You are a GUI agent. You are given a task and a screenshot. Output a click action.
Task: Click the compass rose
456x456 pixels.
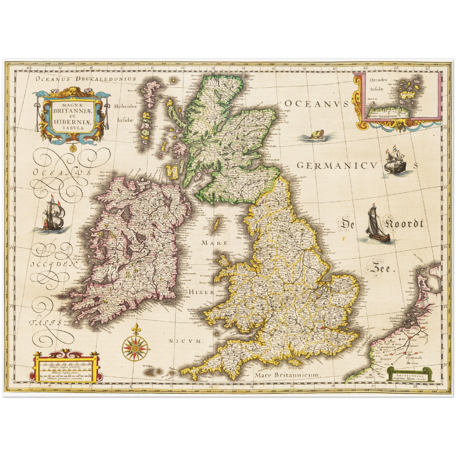(x=135, y=347)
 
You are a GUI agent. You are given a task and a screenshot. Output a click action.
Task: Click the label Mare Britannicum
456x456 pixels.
(x=287, y=375)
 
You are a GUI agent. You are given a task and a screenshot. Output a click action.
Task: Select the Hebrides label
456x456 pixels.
(x=125, y=106)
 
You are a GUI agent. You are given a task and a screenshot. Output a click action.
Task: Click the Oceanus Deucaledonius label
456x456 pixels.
(x=86, y=79)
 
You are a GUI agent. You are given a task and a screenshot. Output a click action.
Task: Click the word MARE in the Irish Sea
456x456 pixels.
(x=215, y=243)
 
